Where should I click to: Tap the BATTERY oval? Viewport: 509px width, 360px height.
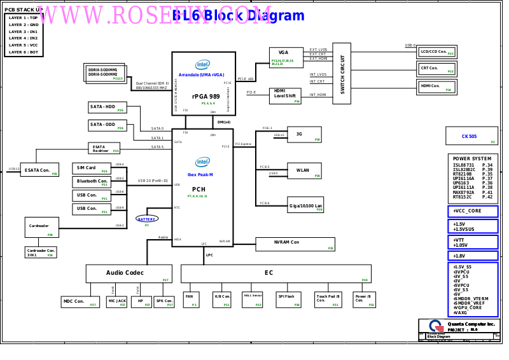coord(147,219)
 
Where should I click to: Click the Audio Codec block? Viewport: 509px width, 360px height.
coord(129,273)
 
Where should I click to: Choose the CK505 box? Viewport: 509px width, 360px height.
coord(471,136)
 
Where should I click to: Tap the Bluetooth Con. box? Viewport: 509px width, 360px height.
coord(92,182)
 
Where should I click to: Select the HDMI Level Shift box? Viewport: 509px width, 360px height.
coord(285,96)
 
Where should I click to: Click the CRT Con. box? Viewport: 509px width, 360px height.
coord(436,69)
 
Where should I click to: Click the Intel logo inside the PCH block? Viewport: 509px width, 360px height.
coord(202,162)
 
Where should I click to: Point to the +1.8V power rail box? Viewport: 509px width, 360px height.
coord(473,256)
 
